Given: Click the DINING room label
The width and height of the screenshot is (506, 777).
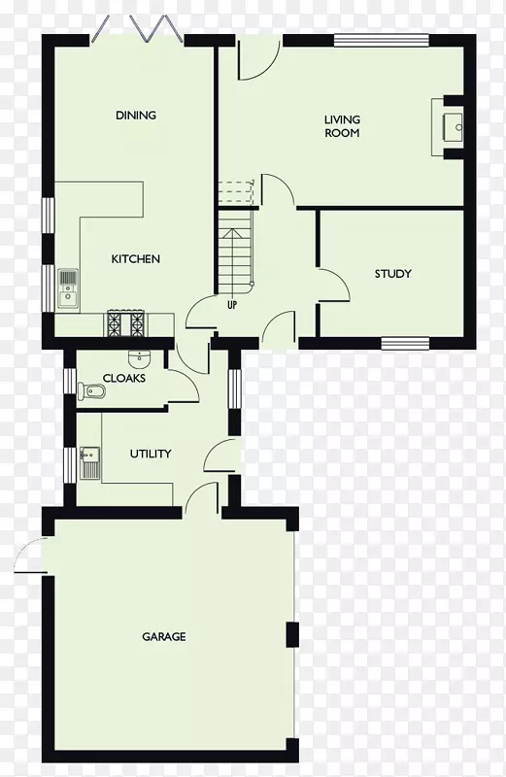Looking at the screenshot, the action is tap(136, 116).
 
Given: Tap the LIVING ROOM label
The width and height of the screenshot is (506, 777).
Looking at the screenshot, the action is tap(342, 126).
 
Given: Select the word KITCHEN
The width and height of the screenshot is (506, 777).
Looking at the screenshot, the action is tap(135, 258).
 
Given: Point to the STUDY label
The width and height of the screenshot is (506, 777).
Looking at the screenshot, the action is tap(393, 274).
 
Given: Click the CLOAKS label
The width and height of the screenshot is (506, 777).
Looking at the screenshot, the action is tap(124, 378).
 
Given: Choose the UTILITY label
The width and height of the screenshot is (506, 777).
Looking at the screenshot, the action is tap(151, 454).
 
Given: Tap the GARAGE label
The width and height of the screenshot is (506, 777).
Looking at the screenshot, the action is tap(164, 636).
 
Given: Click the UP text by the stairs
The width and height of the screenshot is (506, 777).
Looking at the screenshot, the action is tap(232, 305).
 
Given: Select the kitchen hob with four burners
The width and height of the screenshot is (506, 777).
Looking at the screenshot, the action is tap(126, 323).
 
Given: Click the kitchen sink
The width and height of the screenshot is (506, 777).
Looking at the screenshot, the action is tap(68, 287).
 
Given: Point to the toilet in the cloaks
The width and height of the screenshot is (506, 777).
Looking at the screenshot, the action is tap(91, 391).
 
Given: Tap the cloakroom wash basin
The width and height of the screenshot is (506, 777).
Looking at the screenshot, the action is tap(139, 357).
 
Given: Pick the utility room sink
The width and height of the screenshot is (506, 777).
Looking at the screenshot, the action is tap(89, 463).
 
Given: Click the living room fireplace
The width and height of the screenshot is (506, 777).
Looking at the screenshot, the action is tap(448, 127).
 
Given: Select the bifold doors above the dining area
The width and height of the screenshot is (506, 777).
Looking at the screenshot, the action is tap(138, 30).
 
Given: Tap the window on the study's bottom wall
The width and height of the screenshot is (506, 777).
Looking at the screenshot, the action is tap(405, 344).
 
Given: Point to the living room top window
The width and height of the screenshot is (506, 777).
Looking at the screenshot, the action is tap(381, 41).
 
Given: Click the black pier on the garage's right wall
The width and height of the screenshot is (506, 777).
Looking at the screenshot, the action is tap(293, 635).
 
